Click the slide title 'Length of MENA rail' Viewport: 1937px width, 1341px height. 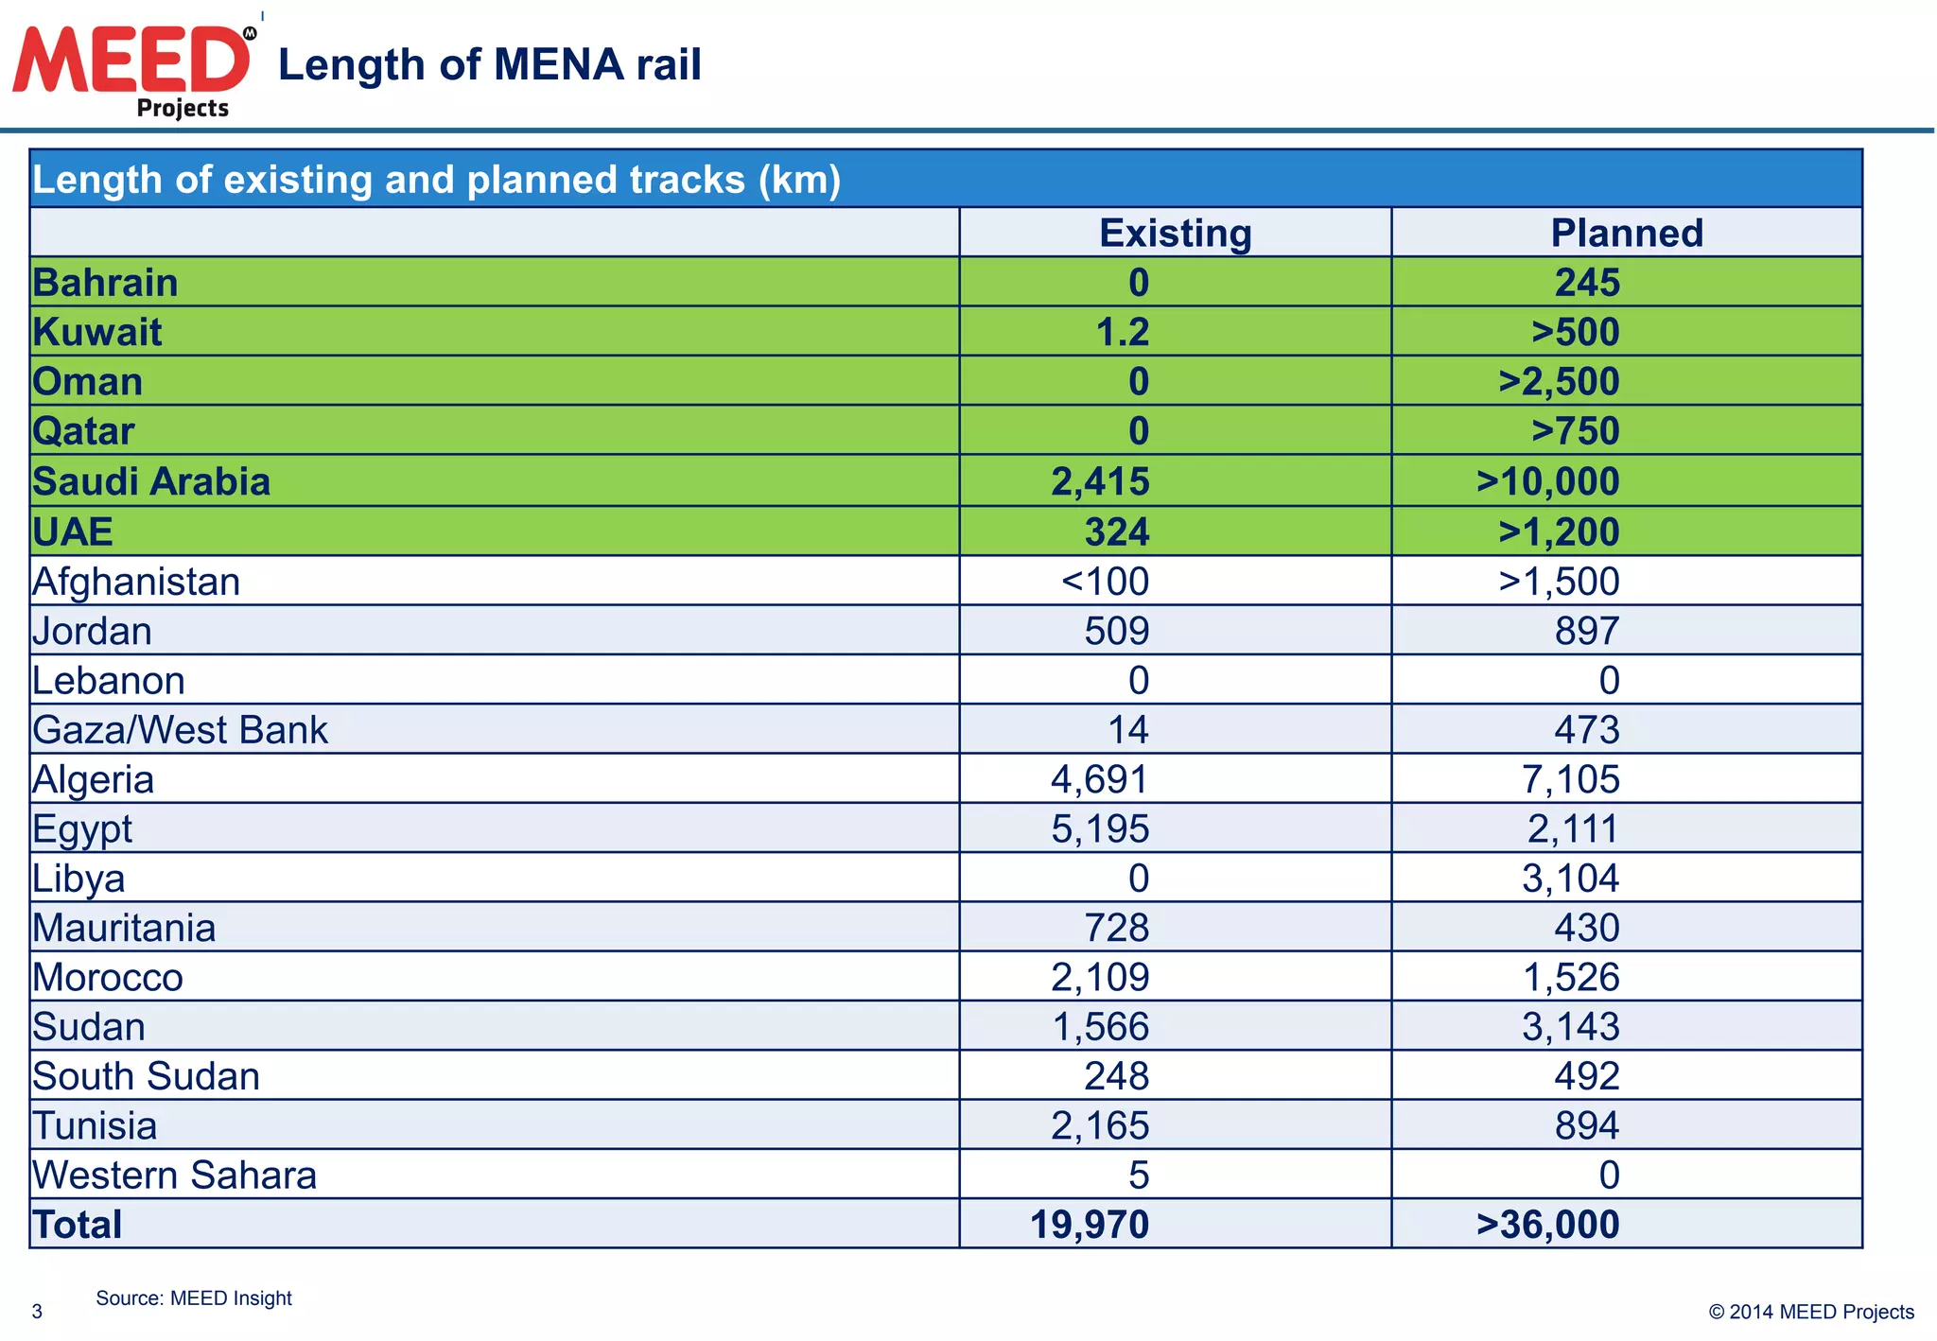tap(489, 65)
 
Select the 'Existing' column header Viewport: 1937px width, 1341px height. tap(1175, 233)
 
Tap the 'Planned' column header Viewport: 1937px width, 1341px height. tap(1627, 233)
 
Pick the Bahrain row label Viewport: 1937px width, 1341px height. tap(105, 283)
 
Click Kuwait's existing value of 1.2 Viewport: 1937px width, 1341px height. tap(1123, 332)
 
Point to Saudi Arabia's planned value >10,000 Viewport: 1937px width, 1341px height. tap(1547, 481)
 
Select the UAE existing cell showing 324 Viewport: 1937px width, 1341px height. tap(1117, 531)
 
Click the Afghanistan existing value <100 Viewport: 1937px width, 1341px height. tap(1105, 581)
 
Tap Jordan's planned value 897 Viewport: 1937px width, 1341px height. tap(1587, 631)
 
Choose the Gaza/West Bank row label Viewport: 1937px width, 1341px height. tap(180, 729)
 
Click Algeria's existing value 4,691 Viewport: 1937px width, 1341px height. tap(1100, 779)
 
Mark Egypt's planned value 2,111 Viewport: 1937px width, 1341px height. tap(1573, 828)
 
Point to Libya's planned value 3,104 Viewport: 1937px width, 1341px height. tap(1570, 878)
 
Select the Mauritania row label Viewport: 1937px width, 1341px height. tap(124, 928)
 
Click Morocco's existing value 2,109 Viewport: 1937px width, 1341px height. tap(1100, 977)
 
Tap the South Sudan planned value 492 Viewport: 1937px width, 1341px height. tap(1587, 1075)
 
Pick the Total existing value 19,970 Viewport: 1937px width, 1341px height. tap(1090, 1224)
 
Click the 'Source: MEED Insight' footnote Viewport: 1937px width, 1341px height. tap(194, 1297)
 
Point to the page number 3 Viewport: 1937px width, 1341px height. tap(37, 1311)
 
